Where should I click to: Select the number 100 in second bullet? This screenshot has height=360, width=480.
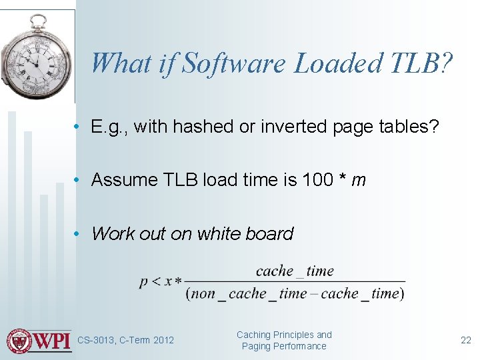(x=318, y=180)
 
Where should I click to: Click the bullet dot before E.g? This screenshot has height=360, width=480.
(x=78, y=127)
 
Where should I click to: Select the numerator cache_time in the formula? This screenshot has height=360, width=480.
(x=295, y=271)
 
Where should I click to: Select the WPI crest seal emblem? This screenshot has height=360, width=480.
(x=19, y=341)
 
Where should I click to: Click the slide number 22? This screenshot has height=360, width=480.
(x=465, y=340)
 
